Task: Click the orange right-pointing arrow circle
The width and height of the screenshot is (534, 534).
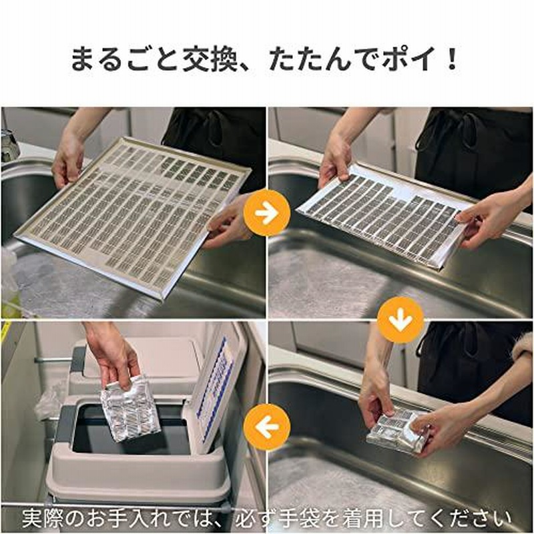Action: coord(266,213)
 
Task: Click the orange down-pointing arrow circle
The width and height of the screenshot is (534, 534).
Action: coord(400,320)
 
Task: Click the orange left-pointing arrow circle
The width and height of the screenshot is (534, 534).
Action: coord(266,427)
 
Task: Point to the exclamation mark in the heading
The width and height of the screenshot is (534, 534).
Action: coord(453,59)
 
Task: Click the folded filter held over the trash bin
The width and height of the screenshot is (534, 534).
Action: coord(131,409)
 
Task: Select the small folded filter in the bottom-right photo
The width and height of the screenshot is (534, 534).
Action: coord(396,432)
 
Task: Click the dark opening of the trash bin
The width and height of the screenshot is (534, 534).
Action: coord(130,431)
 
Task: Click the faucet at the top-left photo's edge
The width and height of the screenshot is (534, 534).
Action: coord(9,145)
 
